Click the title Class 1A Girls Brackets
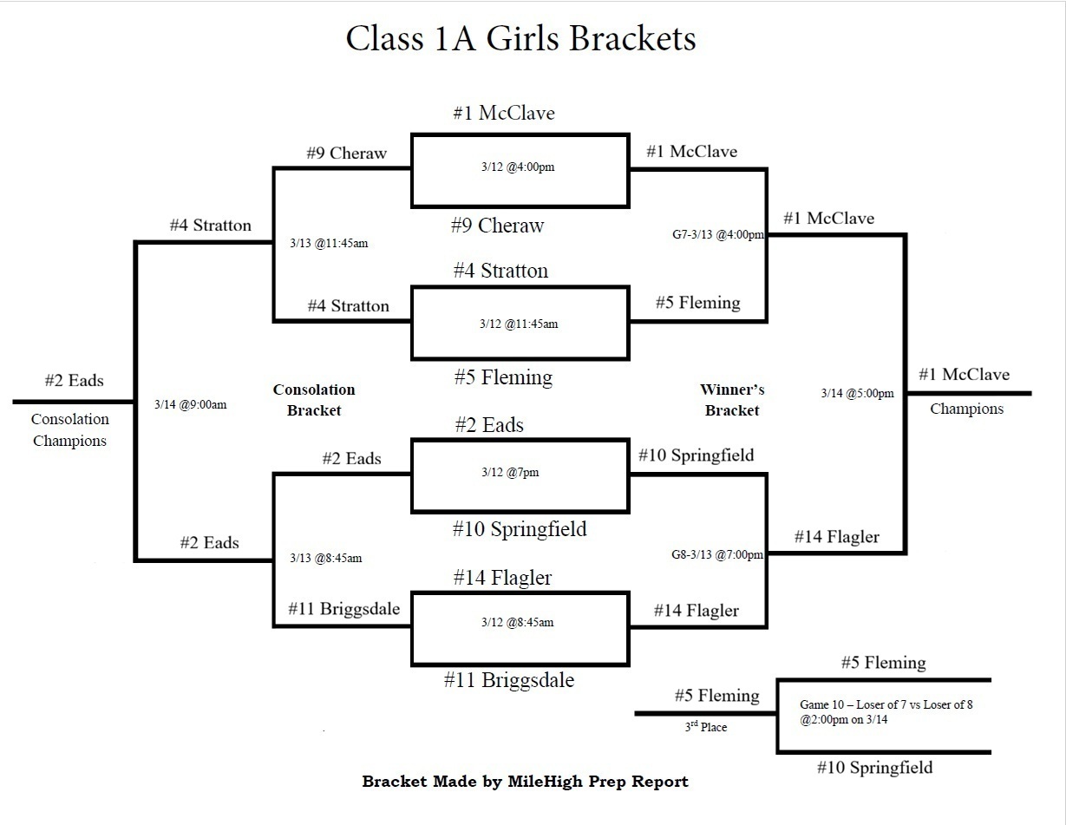[520, 39]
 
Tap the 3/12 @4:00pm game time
[518, 167]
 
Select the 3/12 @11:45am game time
[519, 324]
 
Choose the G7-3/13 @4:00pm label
[718, 234]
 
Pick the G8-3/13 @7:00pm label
[718, 554]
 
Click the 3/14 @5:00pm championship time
[857, 393]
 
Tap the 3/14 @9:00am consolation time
[190, 404]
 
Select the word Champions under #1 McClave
[966, 409]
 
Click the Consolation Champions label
[69, 429]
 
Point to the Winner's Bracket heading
[732, 400]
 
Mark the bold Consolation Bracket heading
[314, 400]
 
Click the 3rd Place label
[705, 727]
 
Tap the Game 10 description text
[886, 711]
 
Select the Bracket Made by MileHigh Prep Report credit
[525, 782]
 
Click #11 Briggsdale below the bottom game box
[509, 680]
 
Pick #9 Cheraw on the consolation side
[346, 154]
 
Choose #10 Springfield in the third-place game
[875, 768]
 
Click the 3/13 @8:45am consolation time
[325, 558]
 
